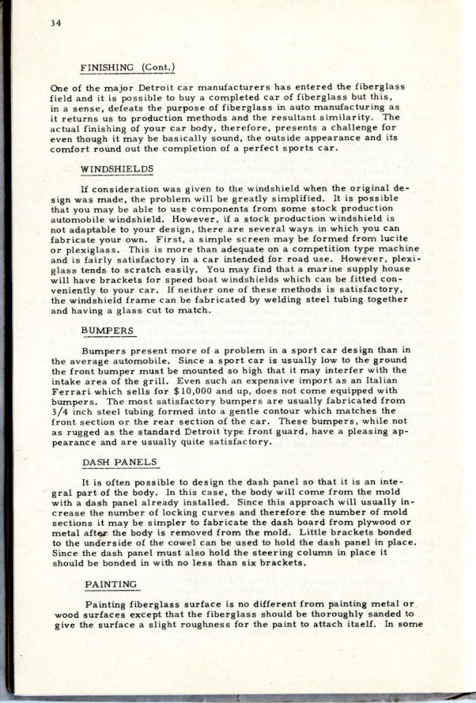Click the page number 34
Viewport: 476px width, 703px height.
click(56, 23)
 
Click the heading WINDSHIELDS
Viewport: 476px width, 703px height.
click(117, 168)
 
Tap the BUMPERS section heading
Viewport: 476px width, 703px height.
click(109, 330)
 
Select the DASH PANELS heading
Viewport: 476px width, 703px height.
click(120, 462)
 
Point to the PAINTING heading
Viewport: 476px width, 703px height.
click(111, 584)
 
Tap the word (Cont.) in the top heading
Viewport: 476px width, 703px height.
click(159, 67)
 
